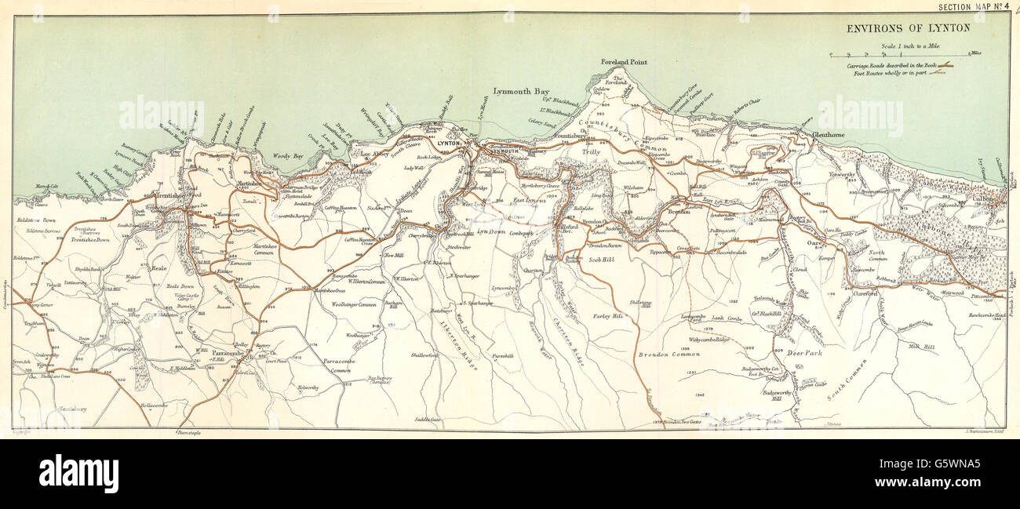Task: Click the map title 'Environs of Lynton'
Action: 908,28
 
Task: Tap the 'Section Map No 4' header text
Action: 974,7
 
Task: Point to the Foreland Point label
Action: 624,62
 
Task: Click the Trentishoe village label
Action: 159,195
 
